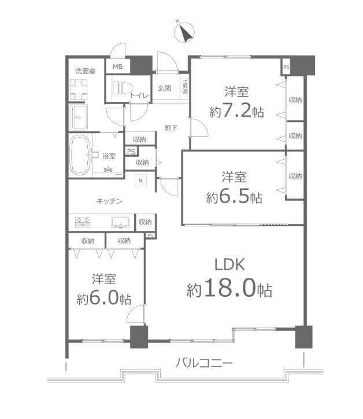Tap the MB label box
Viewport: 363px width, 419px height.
pos(117,67)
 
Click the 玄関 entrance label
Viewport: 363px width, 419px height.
pos(164,89)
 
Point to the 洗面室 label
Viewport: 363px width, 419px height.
pos(86,71)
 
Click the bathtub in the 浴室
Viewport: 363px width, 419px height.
pos(80,155)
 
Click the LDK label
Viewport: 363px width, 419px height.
pos(231,265)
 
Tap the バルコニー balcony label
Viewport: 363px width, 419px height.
pos(203,364)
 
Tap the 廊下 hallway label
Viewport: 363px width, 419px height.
pos(171,127)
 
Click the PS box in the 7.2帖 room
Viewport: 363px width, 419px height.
pos(286,67)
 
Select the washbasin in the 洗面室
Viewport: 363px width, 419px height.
pos(79,119)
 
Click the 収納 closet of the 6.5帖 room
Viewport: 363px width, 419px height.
pos(294,177)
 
